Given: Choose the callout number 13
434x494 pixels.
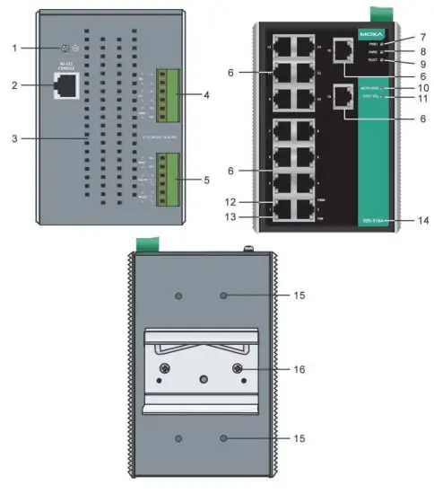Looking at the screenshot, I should pos(231,216).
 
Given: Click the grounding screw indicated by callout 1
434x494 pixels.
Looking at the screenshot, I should pos(65,49).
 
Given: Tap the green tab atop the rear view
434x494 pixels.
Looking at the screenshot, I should pos(141,244).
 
